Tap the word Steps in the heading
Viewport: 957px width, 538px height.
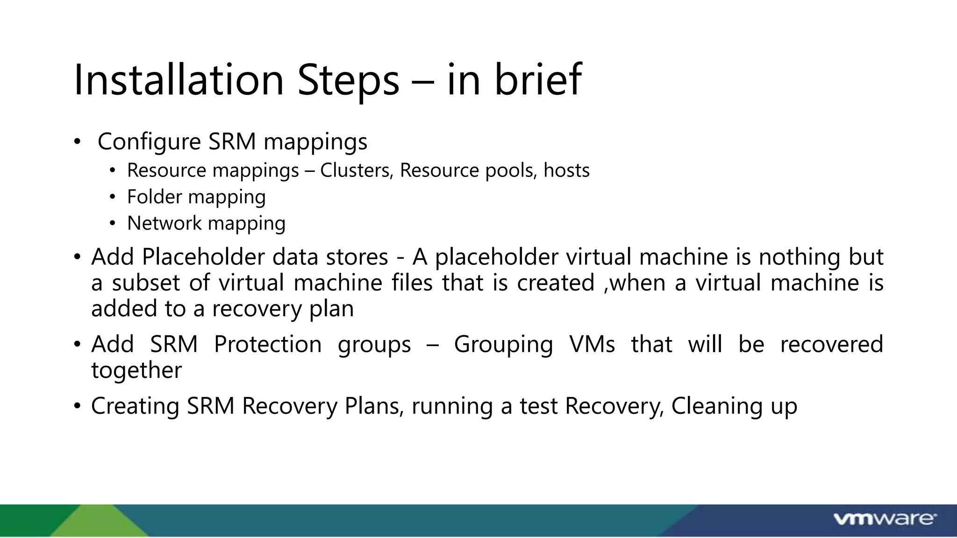pos(349,80)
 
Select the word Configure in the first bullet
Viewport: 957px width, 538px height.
pos(149,142)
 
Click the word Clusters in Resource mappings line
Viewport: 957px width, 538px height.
pos(356,170)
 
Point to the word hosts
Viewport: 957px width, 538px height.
pos(566,170)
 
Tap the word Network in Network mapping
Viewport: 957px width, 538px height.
pos(164,223)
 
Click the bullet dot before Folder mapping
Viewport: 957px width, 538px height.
pos(112,197)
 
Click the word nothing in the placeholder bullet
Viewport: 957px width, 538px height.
pos(800,257)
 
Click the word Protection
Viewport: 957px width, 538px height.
pos(268,344)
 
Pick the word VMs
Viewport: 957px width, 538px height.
pos(592,344)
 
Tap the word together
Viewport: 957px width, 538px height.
pos(136,370)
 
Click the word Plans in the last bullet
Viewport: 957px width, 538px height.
pos(374,405)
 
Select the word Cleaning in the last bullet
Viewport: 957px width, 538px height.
pos(714,405)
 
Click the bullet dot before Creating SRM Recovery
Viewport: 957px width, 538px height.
pos(77,405)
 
